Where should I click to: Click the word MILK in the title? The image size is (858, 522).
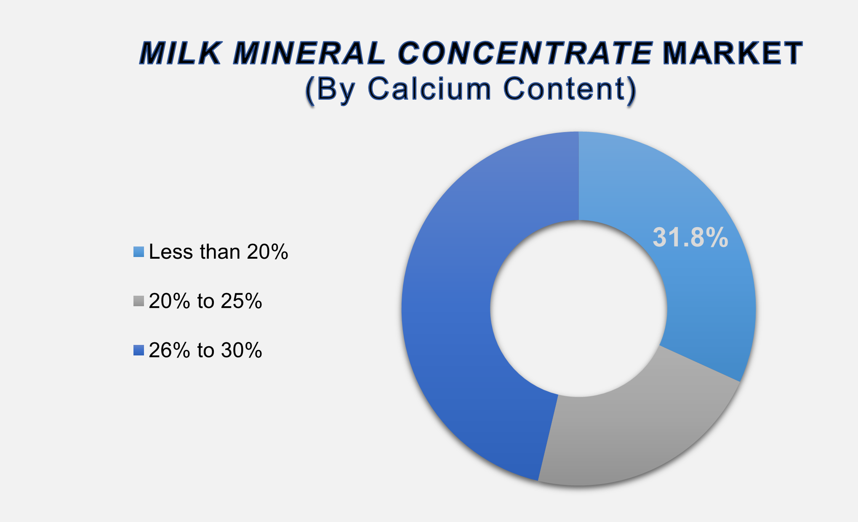[x=180, y=53]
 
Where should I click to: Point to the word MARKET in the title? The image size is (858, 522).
[x=732, y=53]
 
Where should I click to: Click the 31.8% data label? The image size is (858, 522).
[x=690, y=238]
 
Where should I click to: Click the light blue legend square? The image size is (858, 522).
[x=139, y=252]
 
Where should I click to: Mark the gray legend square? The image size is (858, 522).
[x=139, y=301]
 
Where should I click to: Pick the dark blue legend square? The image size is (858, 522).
[x=139, y=350]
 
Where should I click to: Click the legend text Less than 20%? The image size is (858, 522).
[x=218, y=252]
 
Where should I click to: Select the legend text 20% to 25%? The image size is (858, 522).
[x=205, y=301]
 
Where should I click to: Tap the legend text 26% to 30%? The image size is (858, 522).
[x=205, y=350]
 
